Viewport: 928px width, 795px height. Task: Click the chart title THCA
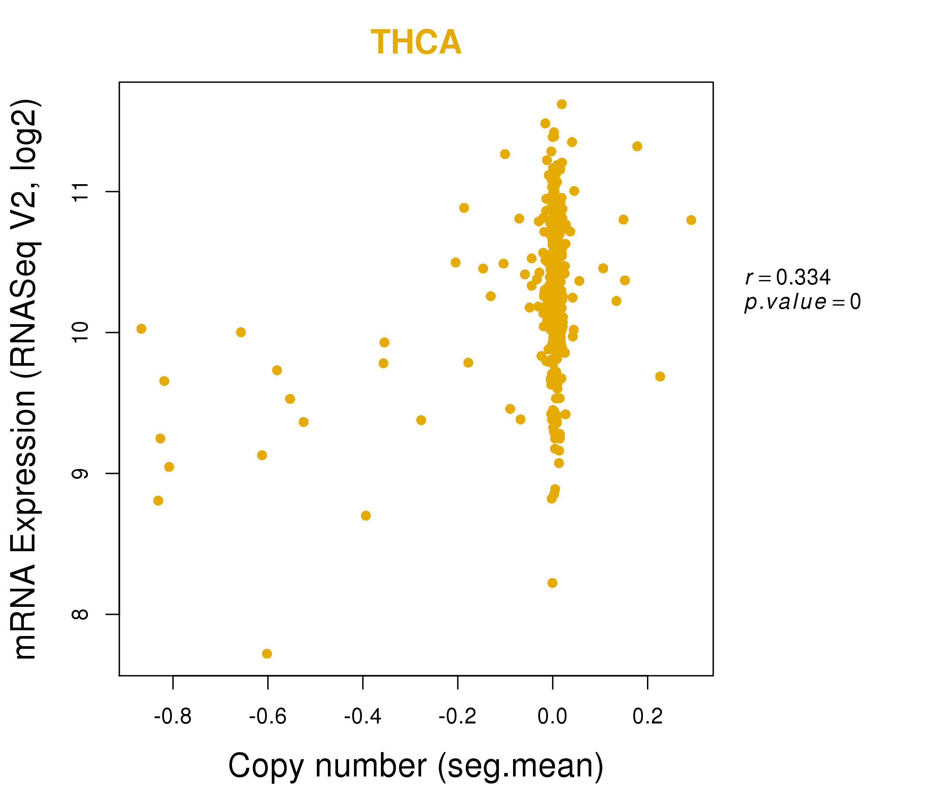[416, 42]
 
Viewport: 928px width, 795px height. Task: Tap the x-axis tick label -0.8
[172, 717]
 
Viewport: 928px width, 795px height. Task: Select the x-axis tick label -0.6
[267, 717]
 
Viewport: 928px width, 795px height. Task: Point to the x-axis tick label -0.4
[362, 717]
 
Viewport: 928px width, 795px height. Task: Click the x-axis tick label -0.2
[457, 717]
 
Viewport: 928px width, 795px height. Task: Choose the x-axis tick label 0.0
[552, 717]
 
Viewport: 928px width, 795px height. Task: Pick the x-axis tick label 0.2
[647, 717]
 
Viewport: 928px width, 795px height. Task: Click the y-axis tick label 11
[81, 192]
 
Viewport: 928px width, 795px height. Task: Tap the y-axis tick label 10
[81, 333]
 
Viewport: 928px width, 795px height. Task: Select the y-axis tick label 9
[81, 473]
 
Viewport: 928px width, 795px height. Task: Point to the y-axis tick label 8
[81, 614]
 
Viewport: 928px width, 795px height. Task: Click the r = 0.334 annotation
[788, 277]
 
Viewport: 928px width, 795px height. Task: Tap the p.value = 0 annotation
[802, 302]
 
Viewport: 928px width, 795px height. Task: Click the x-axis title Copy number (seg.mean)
[416, 766]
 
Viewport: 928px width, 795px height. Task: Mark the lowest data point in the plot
[267, 654]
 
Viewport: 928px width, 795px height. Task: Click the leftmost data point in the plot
[141, 329]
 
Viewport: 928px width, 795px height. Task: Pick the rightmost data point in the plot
[691, 220]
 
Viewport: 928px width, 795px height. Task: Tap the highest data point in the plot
[562, 104]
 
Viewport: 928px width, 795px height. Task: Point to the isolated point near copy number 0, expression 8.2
[552, 583]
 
